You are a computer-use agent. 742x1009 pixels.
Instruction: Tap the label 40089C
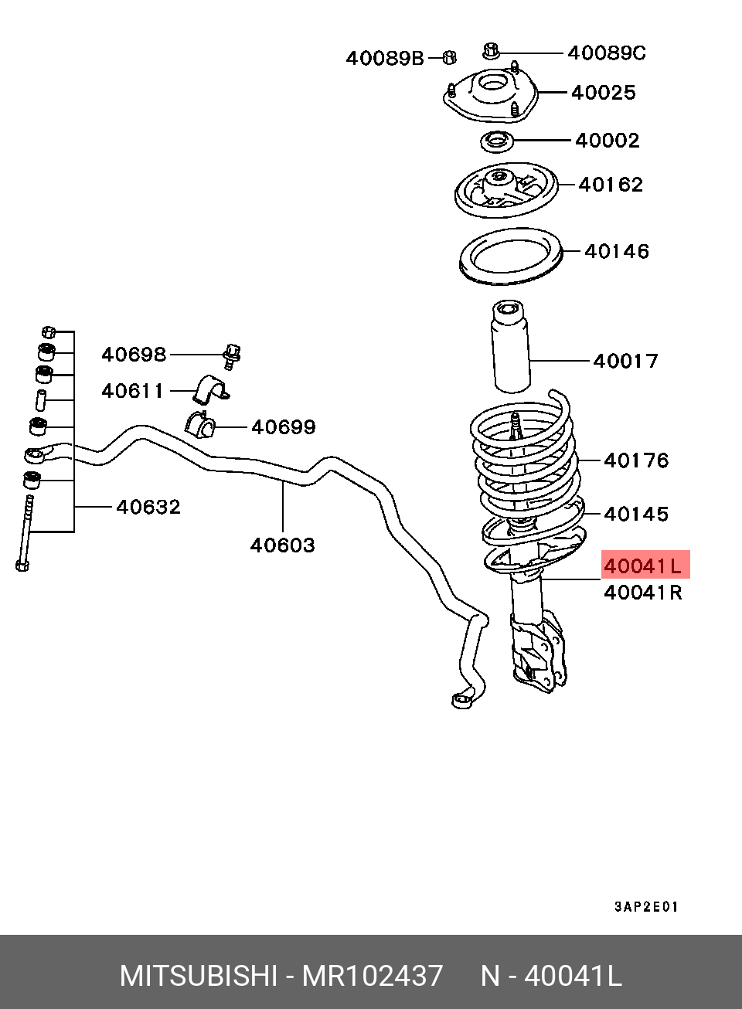(607, 53)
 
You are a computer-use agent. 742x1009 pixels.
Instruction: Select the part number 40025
(603, 93)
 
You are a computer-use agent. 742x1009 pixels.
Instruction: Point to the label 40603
(282, 545)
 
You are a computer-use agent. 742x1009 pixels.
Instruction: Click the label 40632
(148, 507)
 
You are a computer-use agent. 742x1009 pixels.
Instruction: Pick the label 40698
(134, 355)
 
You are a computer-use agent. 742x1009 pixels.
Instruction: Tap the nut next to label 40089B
(449, 57)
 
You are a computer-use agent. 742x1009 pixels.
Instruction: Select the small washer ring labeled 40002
(496, 142)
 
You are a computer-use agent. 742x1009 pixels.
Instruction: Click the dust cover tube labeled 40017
(510, 346)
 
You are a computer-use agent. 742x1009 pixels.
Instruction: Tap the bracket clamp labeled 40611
(211, 389)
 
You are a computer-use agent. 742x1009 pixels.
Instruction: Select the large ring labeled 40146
(510, 256)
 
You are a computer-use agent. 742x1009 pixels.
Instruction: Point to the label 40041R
(643, 593)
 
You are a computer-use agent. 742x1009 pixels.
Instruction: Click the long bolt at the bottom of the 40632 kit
(25, 533)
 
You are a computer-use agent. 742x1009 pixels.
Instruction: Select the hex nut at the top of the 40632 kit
(49, 332)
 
